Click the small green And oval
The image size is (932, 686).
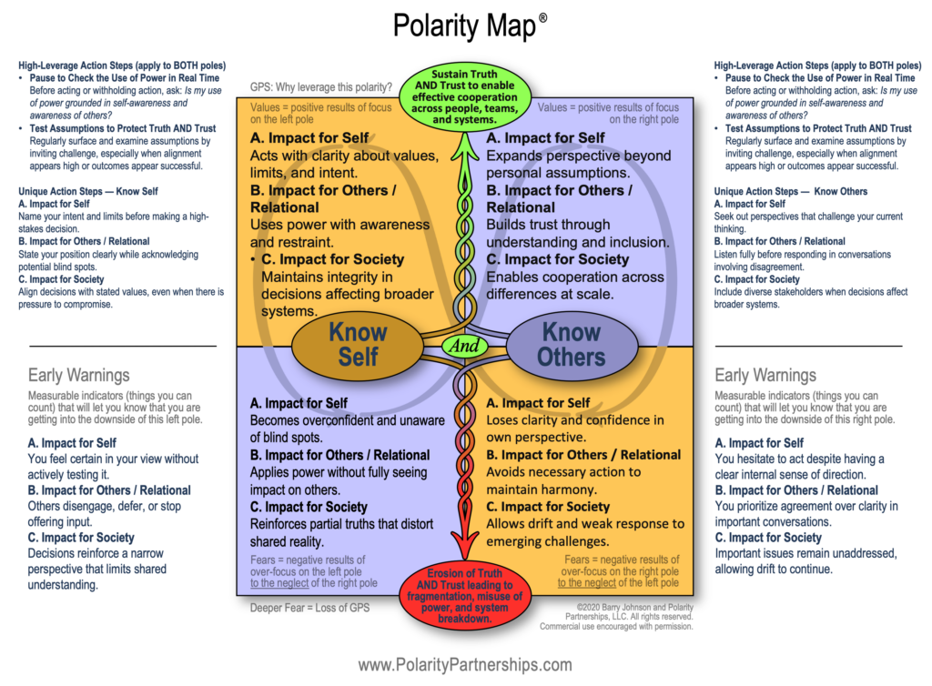466,346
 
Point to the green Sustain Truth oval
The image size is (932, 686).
465,95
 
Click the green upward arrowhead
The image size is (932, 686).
465,139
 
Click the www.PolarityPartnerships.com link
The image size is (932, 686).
465,665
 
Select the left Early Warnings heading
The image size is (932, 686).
79,375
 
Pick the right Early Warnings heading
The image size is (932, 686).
765,375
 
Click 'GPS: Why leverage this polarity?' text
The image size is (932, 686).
321,88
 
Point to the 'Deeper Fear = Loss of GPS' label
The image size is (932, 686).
309,607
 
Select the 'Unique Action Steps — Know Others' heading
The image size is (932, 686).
791,191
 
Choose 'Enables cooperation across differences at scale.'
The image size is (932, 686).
575,285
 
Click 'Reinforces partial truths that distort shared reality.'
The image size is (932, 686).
341,532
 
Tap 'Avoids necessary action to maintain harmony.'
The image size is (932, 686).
563,480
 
